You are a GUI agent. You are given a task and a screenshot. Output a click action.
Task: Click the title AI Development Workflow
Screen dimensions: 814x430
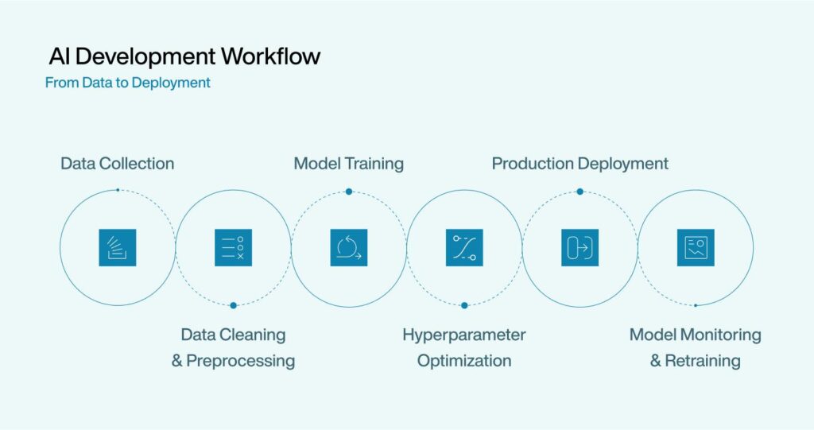coord(184,56)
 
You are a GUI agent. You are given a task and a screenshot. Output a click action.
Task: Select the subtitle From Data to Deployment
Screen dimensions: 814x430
coord(128,83)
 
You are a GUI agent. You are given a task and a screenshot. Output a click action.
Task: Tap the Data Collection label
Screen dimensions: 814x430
coord(118,164)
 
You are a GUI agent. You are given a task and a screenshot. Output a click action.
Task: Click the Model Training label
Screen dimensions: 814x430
coord(349,164)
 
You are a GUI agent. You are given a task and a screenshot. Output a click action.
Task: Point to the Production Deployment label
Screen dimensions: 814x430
coord(579,164)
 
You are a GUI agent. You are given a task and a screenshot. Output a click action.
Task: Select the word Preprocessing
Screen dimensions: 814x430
coord(240,360)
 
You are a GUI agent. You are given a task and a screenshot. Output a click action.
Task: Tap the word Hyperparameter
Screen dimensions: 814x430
coord(464,335)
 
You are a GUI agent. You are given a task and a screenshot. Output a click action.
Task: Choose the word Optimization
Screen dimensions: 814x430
coord(464,360)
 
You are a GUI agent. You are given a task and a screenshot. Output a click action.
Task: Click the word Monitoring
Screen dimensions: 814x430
coord(720,335)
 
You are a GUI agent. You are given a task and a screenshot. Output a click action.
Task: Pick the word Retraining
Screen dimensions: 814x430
coord(703,360)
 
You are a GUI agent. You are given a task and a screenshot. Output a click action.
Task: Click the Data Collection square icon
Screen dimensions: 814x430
coord(118,248)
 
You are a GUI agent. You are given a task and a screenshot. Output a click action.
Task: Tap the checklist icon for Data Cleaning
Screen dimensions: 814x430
coord(233,248)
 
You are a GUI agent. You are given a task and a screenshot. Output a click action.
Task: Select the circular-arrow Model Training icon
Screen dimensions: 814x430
coord(349,248)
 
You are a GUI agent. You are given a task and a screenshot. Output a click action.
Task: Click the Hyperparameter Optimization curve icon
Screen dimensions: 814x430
coord(464,248)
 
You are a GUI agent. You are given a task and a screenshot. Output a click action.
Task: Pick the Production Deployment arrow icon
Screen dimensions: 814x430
coord(579,248)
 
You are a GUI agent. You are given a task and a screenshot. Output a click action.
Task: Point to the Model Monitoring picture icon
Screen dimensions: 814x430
coord(696,248)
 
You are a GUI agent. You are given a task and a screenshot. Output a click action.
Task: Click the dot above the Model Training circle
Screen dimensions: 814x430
coord(349,192)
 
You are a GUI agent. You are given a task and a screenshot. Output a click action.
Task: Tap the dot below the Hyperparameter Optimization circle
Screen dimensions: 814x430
coord(464,305)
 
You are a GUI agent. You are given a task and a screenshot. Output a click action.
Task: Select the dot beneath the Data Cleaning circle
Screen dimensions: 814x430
coord(233,305)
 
